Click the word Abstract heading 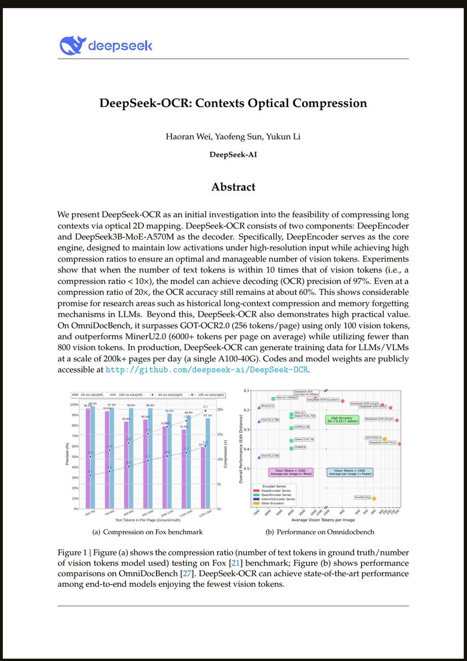233,187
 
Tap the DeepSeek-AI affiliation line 233,154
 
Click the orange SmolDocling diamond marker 374,499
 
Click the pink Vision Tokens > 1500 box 290,472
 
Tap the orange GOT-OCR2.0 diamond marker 385,439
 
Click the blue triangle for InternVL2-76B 259,457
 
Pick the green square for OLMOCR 291,448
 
